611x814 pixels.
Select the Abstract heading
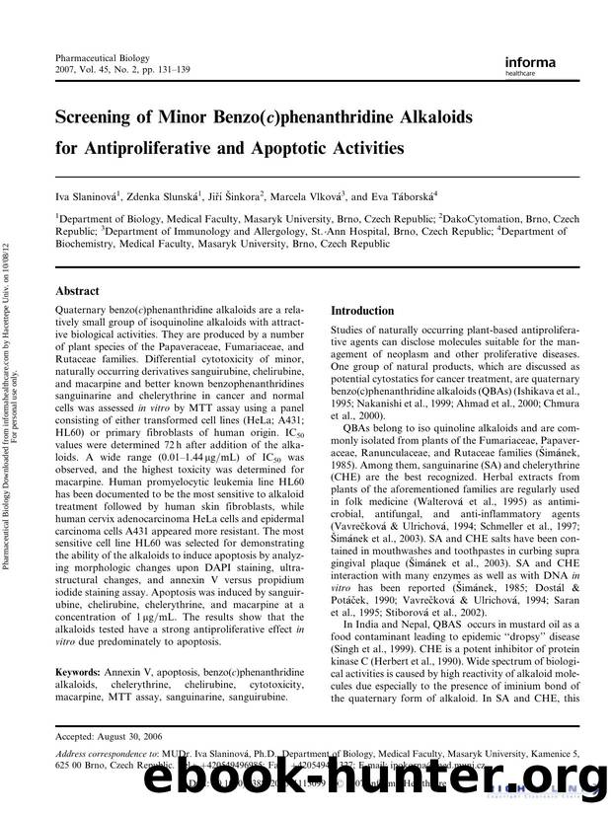coord(79,291)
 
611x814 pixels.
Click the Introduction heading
coord(362,310)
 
